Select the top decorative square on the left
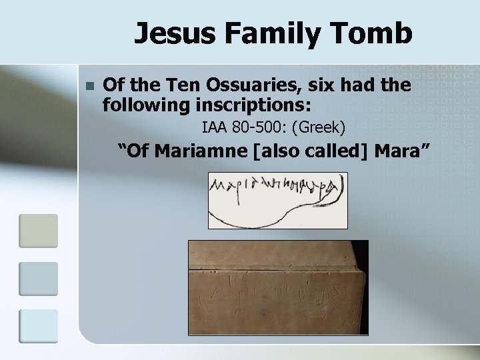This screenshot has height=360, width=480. (x=39, y=231)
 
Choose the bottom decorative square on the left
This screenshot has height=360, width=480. (x=39, y=325)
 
